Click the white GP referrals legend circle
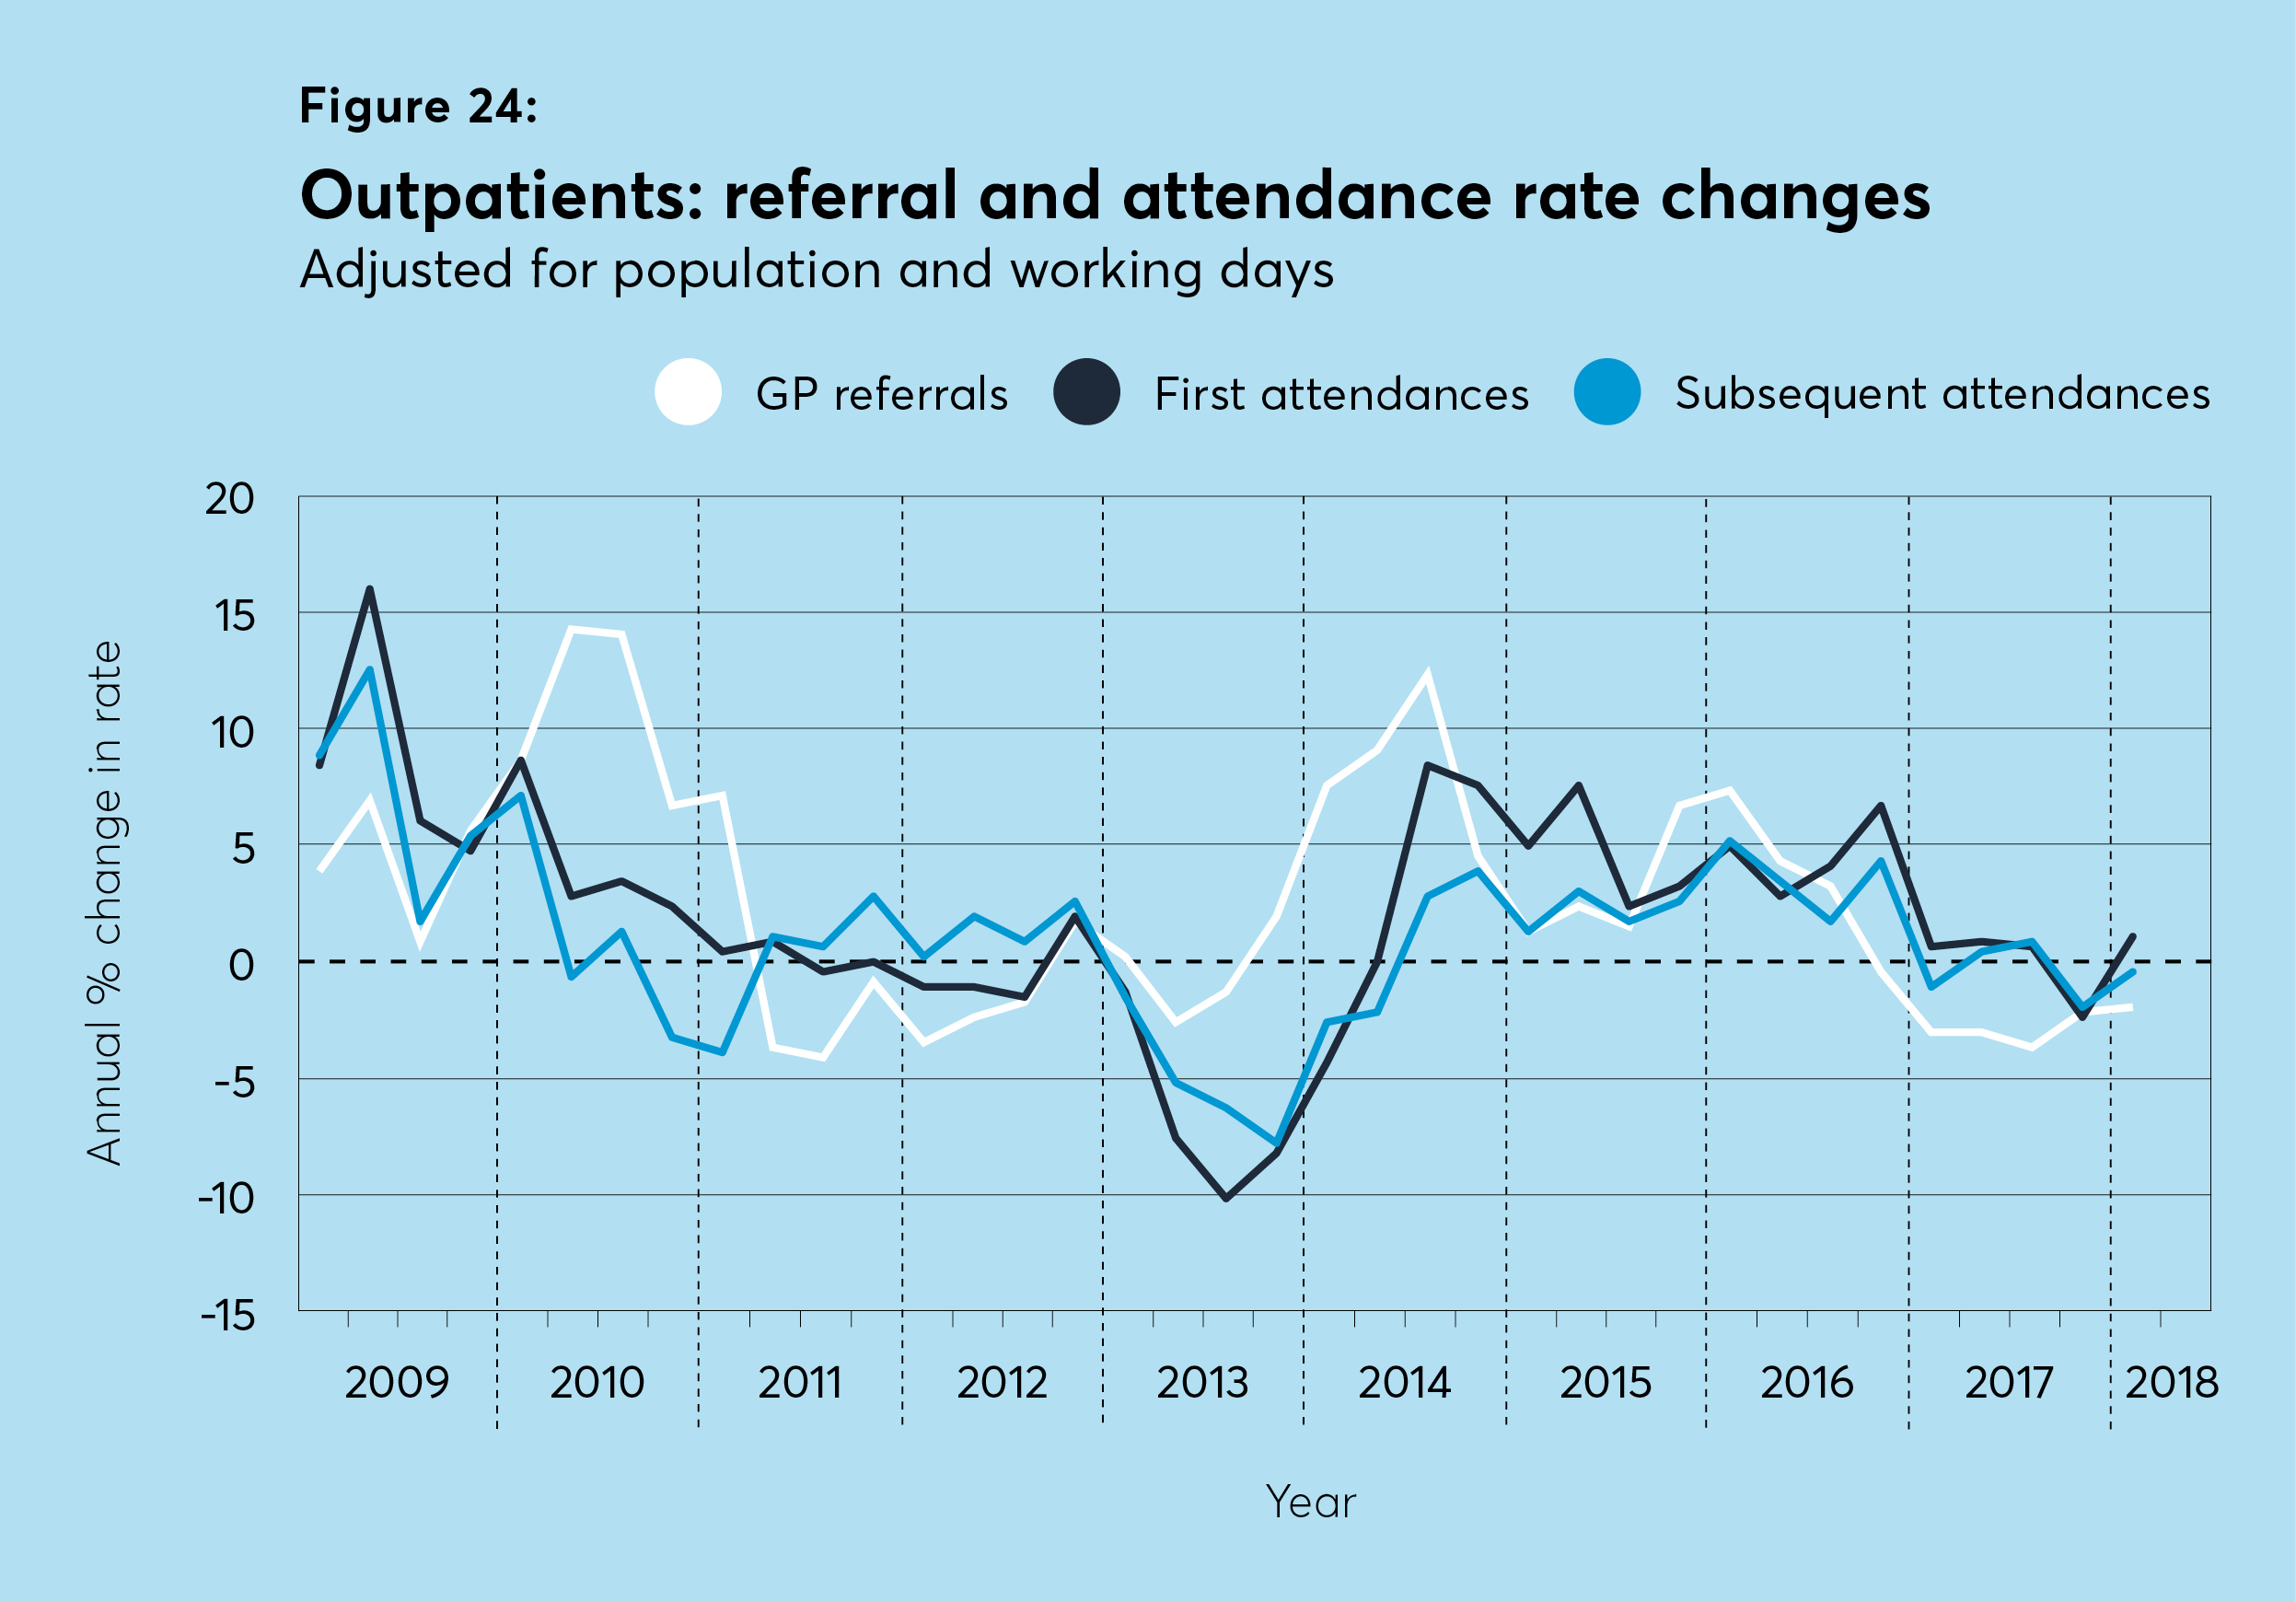[x=688, y=392]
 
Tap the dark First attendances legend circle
[x=1086, y=392]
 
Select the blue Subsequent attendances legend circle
[x=1607, y=392]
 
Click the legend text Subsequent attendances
[x=1942, y=393]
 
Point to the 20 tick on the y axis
[x=230, y=499]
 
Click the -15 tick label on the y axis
[x=228, y=1315]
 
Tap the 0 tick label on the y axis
[x=241, y=965]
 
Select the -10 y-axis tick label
[x=227, y=1198]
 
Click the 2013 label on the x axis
[x=1202, y=1383]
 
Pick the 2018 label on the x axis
[x=2171, y=1383]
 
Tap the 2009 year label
[x=397, y=1383]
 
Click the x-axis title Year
[x=1310, y=1502]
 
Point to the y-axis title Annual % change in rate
[x=104, y=903]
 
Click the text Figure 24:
[x=418, y=106]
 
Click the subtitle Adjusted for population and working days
[x=816, y=270]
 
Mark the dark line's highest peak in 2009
[x=370, y=589]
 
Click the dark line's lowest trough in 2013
[x=1226, y=1197]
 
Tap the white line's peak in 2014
[x=1427, y=675]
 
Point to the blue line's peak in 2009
[x=370, y=670]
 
